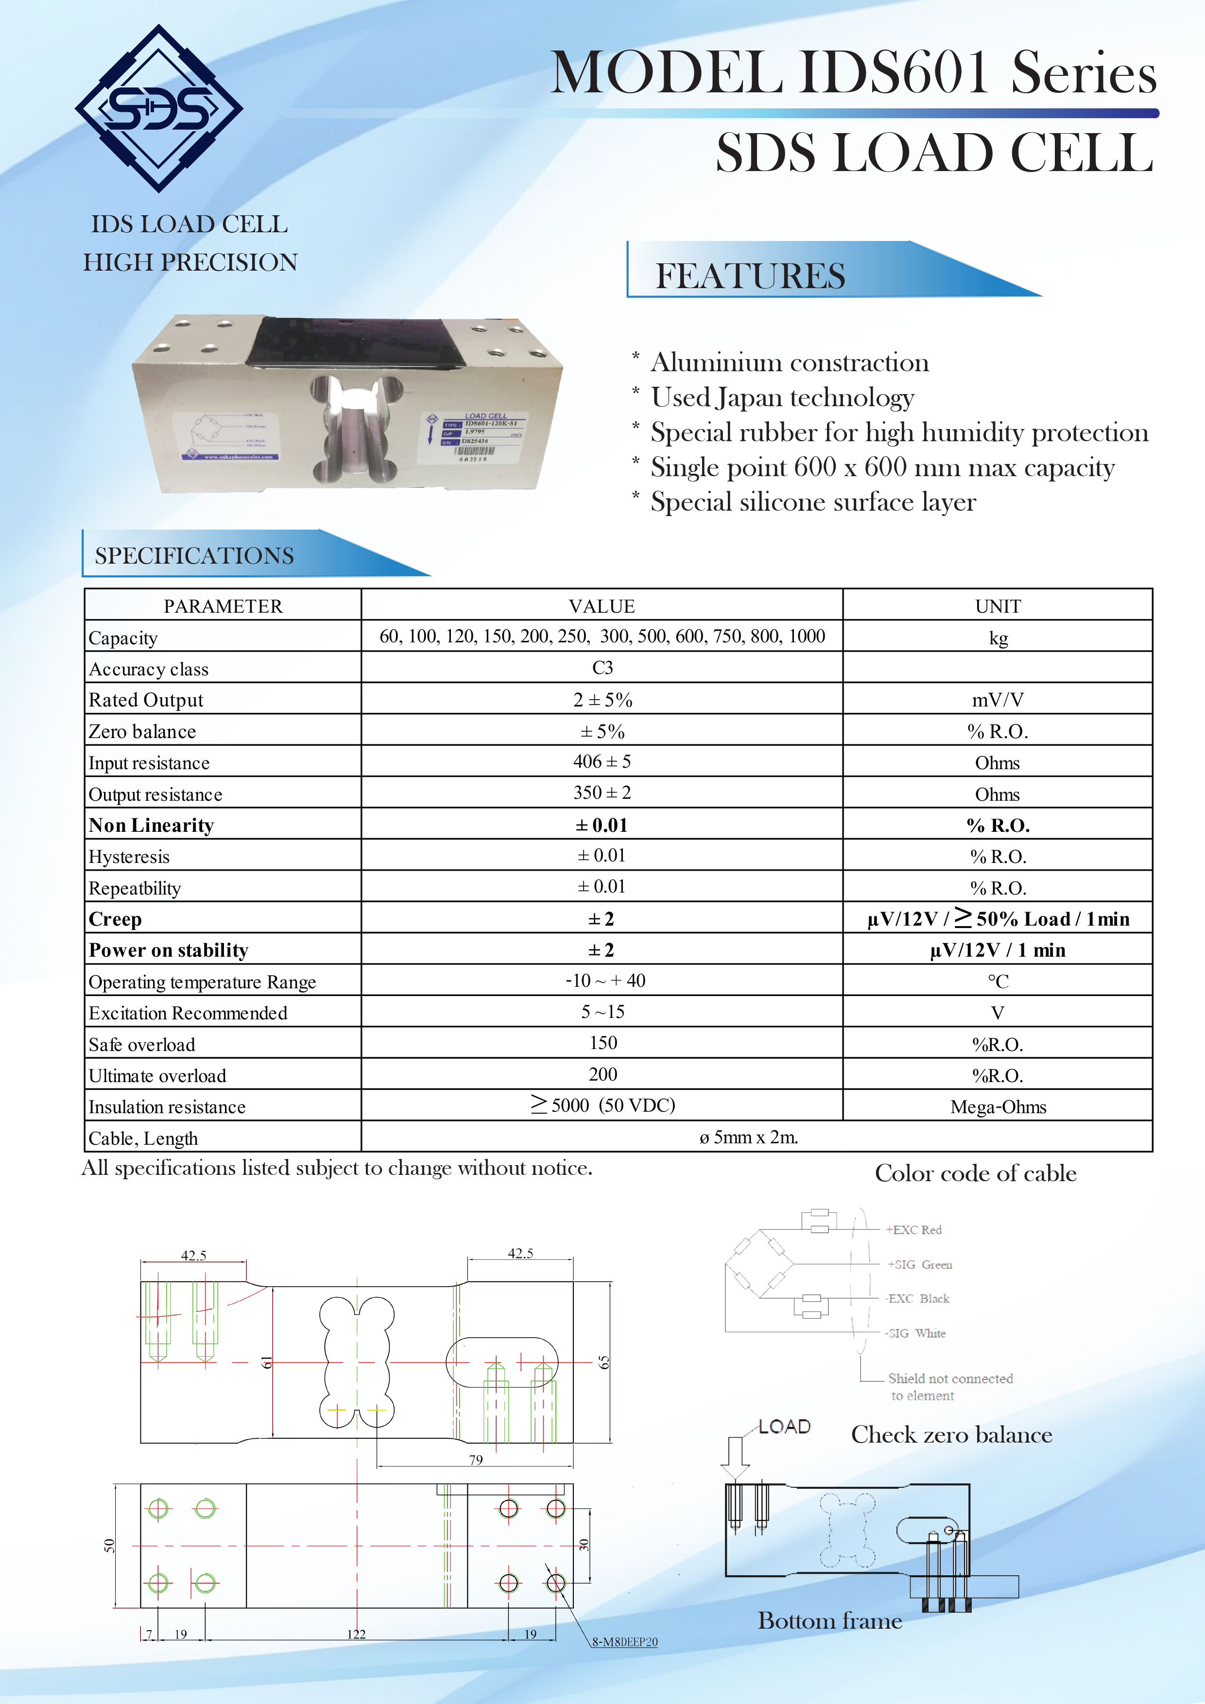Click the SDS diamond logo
159,109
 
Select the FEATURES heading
749,276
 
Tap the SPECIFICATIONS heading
194,556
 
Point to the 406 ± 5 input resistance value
602,761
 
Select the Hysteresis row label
129,857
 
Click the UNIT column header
998,606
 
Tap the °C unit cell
998,981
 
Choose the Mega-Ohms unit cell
998,1107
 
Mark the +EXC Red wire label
913,1230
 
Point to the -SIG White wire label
915,1333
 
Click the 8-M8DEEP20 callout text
625,1642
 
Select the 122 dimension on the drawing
356,1634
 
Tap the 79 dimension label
476,1460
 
